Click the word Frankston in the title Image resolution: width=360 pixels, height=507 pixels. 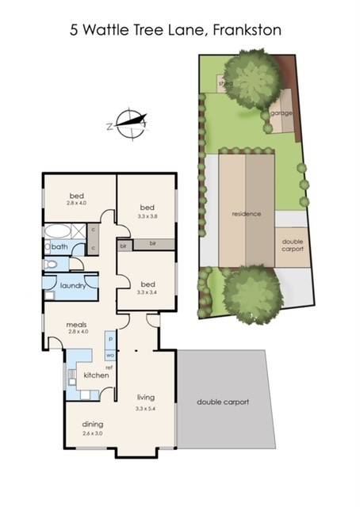(x=247, y=30)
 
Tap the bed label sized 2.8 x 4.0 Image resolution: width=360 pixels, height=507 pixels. (x=77, y=199)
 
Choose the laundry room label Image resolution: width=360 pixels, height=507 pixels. (x=72, y=285)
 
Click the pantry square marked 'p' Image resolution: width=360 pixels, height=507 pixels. (x=110, y=338)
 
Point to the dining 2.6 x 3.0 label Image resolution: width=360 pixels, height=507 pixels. (x=93, y=428)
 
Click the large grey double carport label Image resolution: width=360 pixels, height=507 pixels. (x=223, y=402)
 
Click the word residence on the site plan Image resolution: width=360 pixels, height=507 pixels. (x=246, y=214)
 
